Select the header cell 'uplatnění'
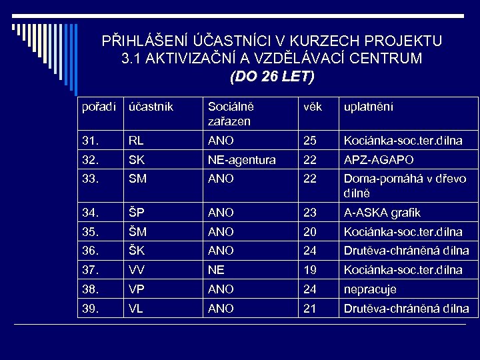coord(368,107)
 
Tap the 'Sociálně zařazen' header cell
coord(230,113)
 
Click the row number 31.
coord(89,141)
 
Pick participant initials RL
coord(136,141)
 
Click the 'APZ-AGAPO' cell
coord(378,160)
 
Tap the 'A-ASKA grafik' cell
coord(381,213)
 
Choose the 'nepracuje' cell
coord(369,290)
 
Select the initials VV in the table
coord(137,271)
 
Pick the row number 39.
coord(89,309)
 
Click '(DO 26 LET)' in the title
coord(271,77)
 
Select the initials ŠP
coord(136,213)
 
